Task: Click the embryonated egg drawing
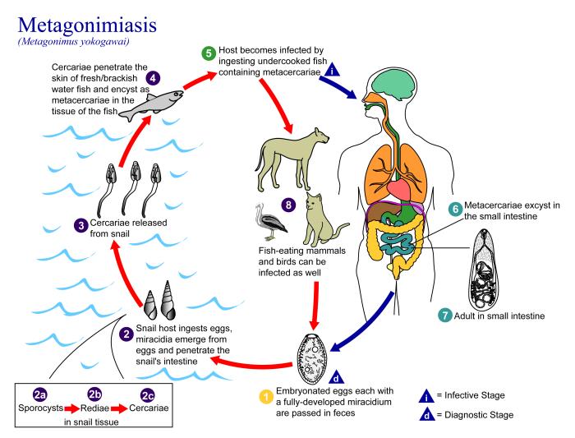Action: click(x=317, y=362)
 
